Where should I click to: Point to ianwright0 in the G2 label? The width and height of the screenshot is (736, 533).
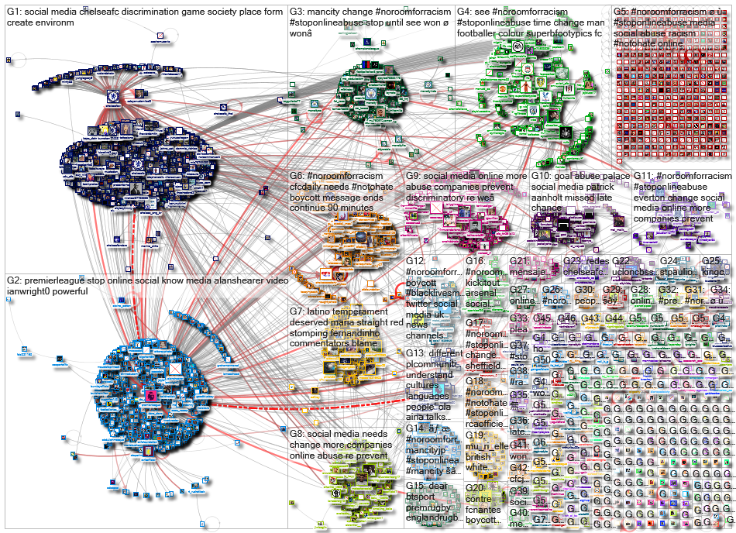pyautogui.click(x=29, y=291)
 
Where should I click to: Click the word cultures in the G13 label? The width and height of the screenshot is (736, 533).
pyautogui.click(x=426, y=386)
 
